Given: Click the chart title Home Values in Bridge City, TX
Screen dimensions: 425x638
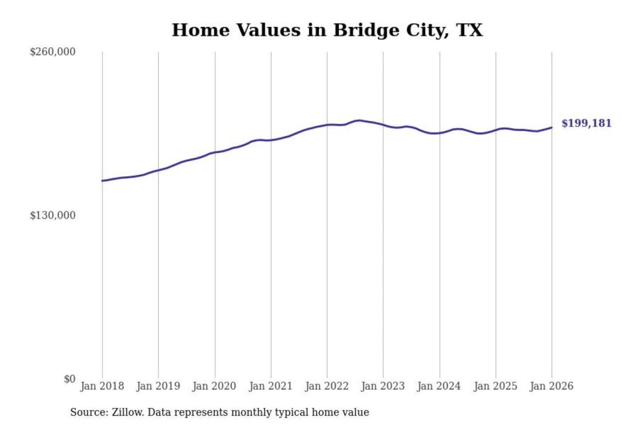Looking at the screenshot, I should pyautogui.click(x=327, y=30).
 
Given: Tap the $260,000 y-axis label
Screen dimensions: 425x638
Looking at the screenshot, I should pyautogui.click(x=52, y=52).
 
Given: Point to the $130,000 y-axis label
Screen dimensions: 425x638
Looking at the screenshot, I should pyautogui.click(x=52, y=215).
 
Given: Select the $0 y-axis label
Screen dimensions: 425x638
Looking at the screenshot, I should pyautogui.click(x=70, y=379).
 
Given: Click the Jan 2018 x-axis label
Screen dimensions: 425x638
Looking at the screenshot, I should pyautogui.click(x=102, y=386).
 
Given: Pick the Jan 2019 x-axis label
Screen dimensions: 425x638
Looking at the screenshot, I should pyautogui.click(x=158, y=386).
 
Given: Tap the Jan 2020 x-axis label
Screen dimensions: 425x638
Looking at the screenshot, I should pyautogui.click(x=214, y=386).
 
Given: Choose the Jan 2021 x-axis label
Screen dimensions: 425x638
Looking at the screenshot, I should pyautogui.click(x=271, y=386).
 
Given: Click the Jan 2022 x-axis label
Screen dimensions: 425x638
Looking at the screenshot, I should pyautogui.click(x=327, y=386).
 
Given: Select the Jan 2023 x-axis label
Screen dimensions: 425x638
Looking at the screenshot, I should pyautogui.click(x=383, y=386).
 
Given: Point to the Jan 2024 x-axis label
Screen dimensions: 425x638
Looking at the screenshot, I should pyautogui.click(x=439, y=386).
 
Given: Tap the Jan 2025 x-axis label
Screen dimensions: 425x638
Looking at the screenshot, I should pyautogui.click(x=495, y=386).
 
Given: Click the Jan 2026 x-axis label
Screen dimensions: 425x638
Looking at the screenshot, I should pyautogui.click(x=552, y=386).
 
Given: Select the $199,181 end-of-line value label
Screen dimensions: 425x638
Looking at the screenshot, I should pyautogui.click(x=586, y=123).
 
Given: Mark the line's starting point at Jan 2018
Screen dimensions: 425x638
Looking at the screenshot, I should pyautogui.click(x=103, y=181).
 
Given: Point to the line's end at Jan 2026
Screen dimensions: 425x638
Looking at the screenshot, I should pyautogui.click(x=552, y=127).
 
